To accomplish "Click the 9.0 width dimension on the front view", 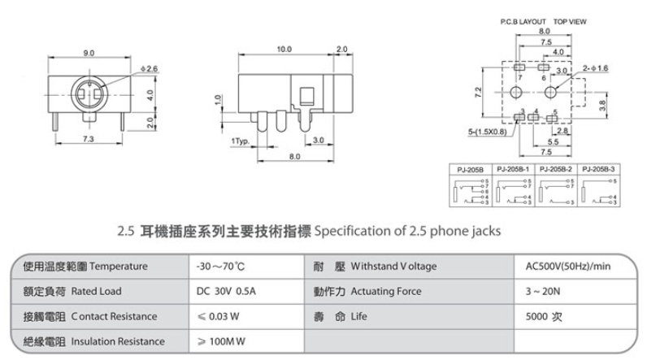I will point(89,53).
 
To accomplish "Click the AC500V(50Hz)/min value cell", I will point(568,266).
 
